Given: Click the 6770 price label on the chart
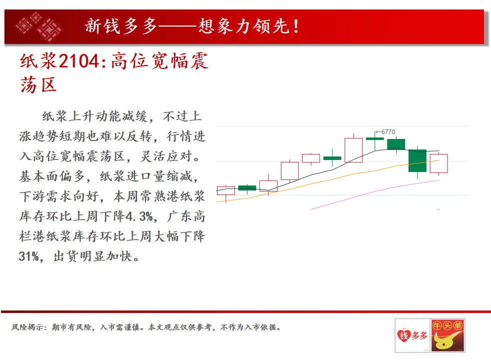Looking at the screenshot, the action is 388,132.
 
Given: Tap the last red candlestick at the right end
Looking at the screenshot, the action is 438,163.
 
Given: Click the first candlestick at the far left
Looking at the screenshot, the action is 226,190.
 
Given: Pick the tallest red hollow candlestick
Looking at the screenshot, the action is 353,150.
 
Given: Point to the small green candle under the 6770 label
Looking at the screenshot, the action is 375,138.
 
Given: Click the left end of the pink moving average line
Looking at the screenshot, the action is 311,209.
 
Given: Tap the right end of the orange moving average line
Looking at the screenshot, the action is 439,160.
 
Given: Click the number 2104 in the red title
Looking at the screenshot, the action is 79,60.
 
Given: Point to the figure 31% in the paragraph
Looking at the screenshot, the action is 28,256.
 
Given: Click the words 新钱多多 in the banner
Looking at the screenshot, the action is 120,26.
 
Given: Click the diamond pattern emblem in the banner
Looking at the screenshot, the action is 39,26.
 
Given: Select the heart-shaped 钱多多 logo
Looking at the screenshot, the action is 412,335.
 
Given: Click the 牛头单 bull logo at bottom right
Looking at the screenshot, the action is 448,335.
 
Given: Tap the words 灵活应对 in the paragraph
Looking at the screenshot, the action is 166,156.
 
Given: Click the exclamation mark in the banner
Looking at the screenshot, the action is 296,26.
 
